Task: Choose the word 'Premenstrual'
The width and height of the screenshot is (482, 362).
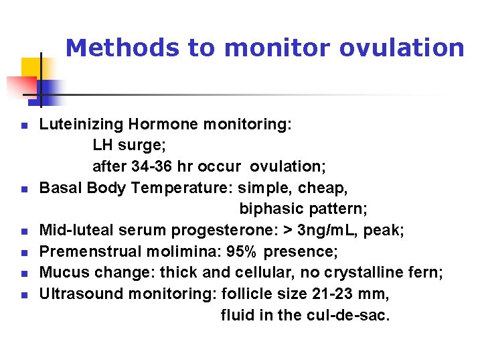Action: [81, 251]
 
